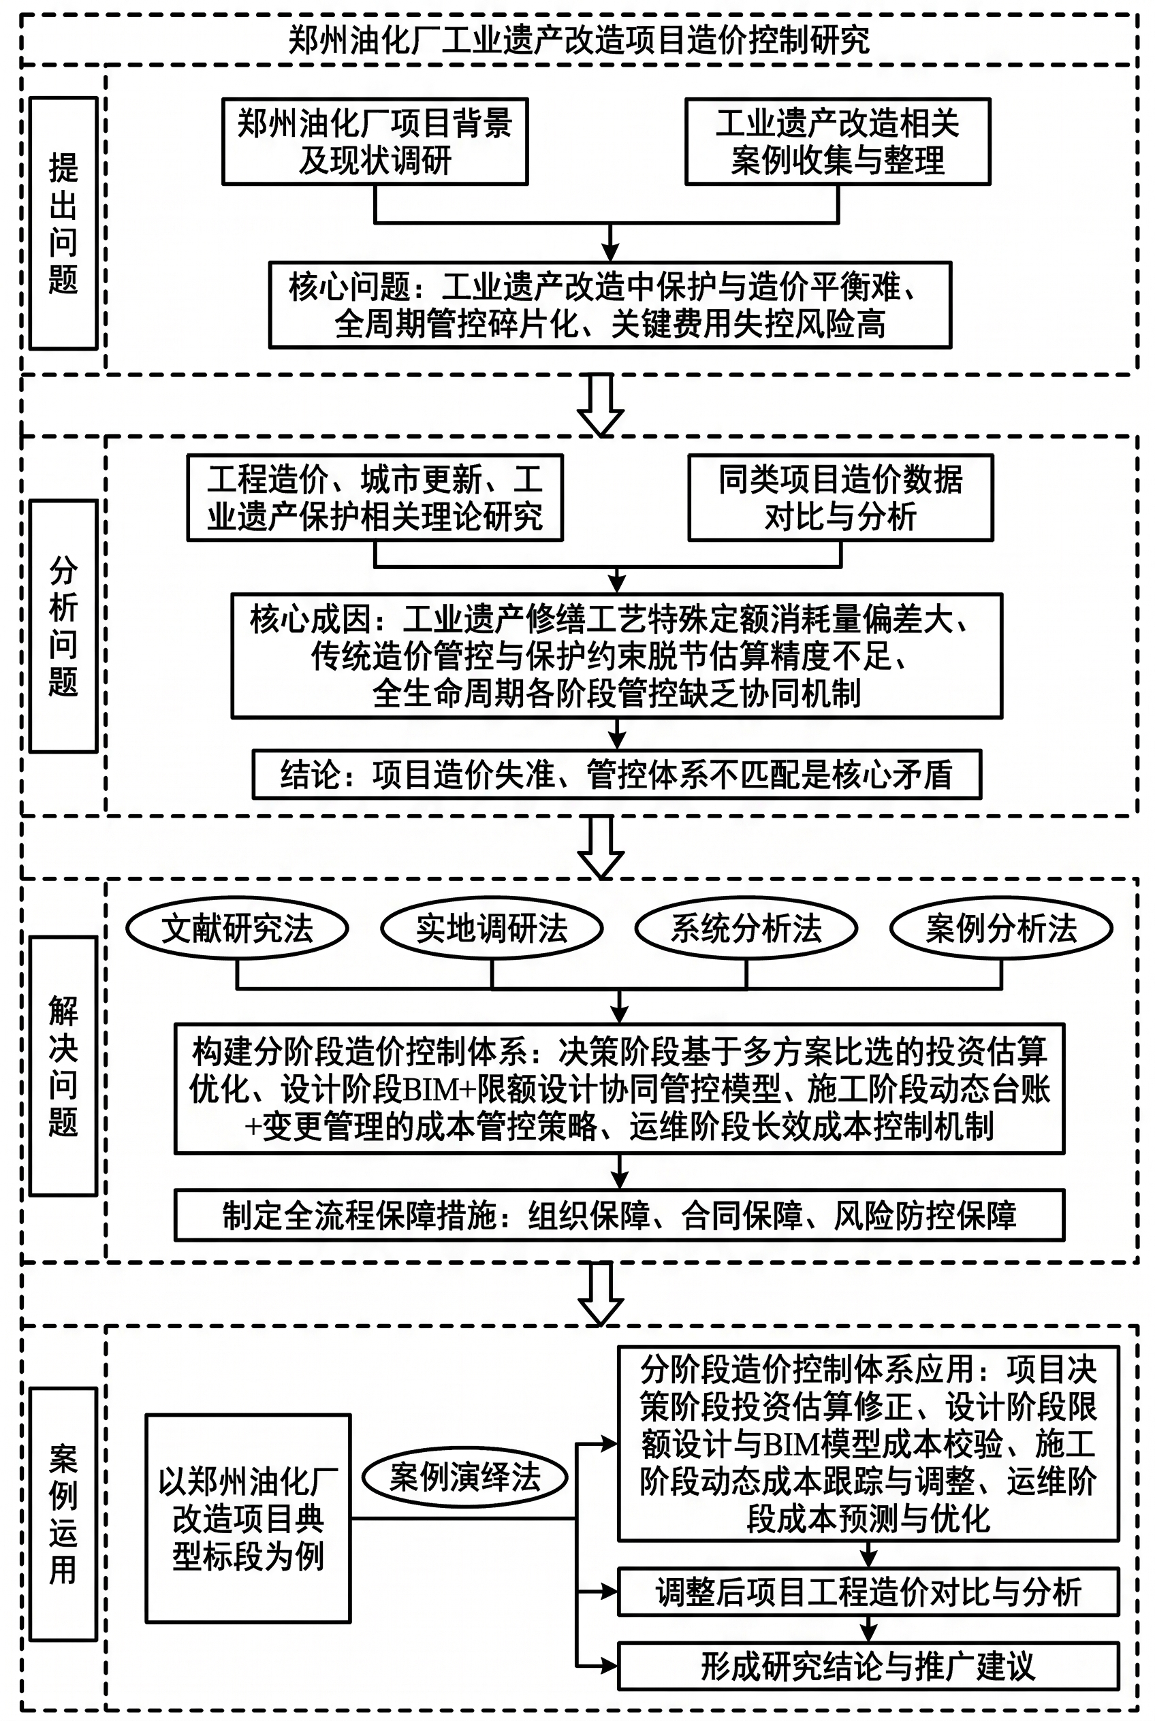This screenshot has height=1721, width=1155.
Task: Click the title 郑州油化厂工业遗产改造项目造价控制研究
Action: (579, 39)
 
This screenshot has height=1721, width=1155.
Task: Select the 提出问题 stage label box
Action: (63, 223)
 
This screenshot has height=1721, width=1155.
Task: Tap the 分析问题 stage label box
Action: (63, 626)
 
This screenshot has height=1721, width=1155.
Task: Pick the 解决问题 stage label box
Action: (63, 1065)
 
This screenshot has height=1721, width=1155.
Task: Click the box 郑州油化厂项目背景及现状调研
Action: (375, 142)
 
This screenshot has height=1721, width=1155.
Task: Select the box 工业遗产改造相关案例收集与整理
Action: (838, 142)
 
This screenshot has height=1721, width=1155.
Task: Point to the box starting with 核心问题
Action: (610, 305)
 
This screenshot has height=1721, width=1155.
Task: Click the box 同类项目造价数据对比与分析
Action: (840, 498)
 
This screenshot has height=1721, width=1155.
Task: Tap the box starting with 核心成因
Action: (617, 656)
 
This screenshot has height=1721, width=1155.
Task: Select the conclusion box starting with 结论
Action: (617, 775)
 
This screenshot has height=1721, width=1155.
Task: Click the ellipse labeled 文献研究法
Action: (237, 929)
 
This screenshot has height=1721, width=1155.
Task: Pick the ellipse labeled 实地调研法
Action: (492, 929)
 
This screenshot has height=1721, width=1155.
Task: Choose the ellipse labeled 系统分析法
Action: (746, 929)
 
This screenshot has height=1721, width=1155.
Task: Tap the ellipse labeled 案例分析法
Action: (1001, 929)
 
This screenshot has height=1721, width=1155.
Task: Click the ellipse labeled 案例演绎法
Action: (466, 1477)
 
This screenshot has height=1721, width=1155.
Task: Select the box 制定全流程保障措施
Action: (620, 1215)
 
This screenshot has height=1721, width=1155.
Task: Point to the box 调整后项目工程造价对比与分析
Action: (868, 1592)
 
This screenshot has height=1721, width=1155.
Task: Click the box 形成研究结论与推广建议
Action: (868, 1666)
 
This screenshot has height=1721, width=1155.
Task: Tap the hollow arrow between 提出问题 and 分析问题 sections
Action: (601, 406)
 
